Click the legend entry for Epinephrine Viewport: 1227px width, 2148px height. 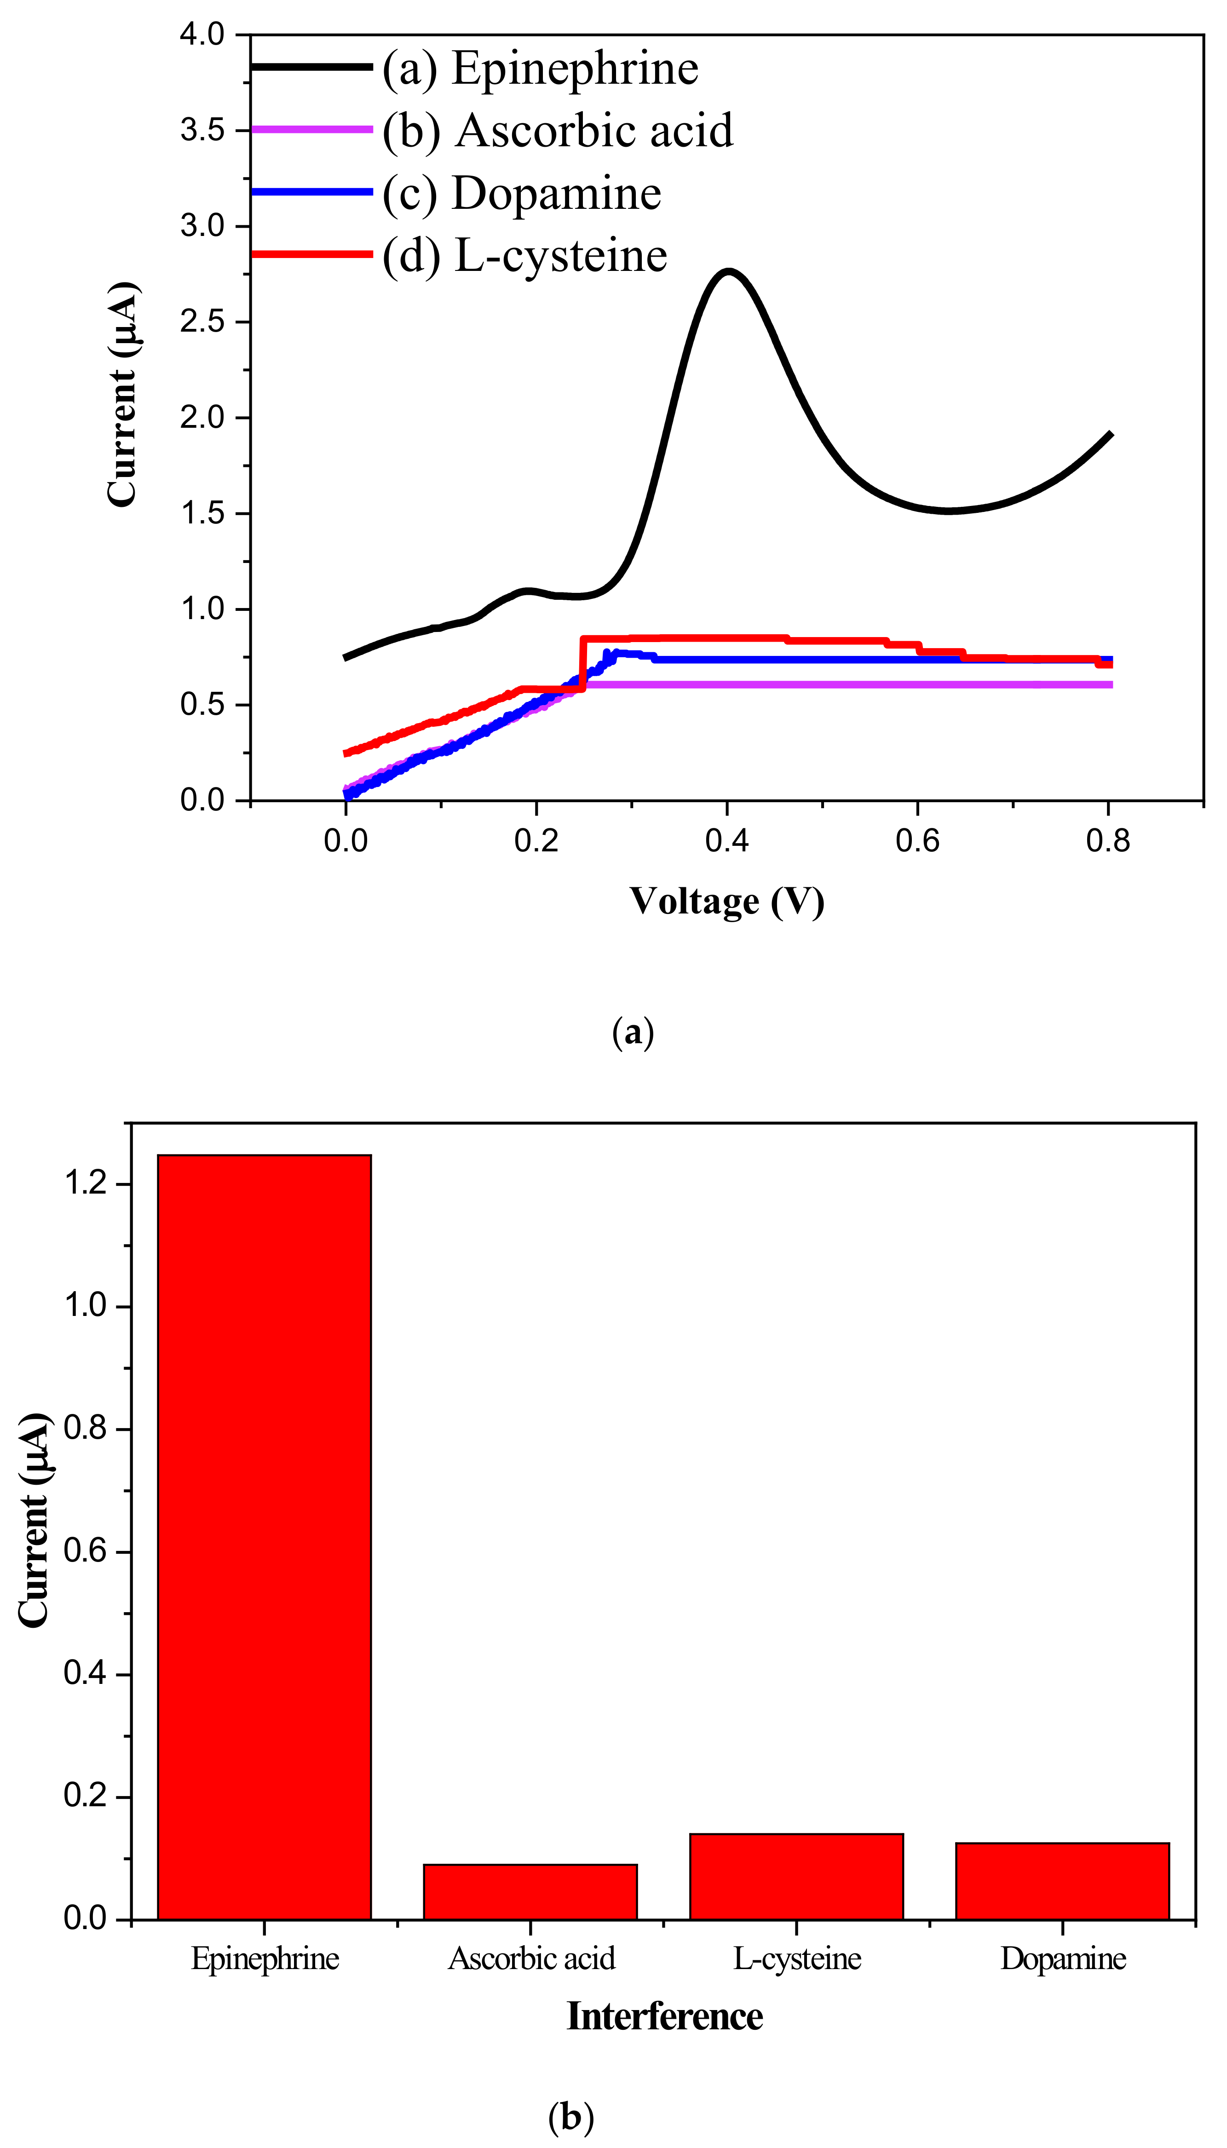539,68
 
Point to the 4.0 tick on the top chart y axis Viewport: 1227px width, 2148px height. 202,34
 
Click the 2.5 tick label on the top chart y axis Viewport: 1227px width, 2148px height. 202,322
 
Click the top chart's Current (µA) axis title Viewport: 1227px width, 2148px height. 123,394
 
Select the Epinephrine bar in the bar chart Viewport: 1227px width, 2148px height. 265,1541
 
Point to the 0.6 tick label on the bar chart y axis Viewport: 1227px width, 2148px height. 86,1551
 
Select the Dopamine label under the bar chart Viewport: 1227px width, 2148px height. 1063,1958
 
